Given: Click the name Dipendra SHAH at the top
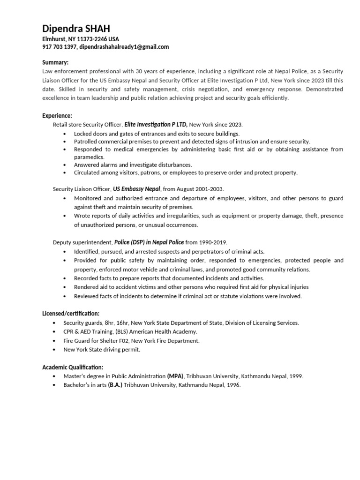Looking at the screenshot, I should [x=76, y=29].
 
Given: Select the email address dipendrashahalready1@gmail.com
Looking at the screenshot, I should [x=124, y=47].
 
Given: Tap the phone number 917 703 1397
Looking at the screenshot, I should [x=60, y=47].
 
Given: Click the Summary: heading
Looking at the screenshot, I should [x=55, y=62].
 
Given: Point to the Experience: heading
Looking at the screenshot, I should [x=57, y=115].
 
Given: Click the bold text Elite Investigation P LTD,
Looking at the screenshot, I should [x=156, y=124].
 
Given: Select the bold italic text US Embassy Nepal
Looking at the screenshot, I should [x=137, y=189].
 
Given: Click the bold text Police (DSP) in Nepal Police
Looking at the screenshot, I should [x=149, y=242].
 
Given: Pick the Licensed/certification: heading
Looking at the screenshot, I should [x=71, y=313].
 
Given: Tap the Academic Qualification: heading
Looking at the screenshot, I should [x=73, y=367].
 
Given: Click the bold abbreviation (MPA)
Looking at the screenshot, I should [x=175, y=376].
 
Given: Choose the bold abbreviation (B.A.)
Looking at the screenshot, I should [x=115, y=385].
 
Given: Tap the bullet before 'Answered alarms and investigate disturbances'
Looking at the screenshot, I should [x=65, y=165].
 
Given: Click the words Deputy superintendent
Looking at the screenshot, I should [x=82, y=242].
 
